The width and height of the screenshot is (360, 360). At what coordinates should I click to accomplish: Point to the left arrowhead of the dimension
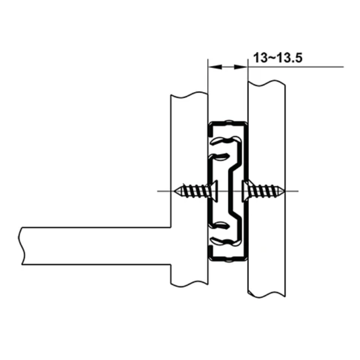pyautogui.click(x=211, y=66)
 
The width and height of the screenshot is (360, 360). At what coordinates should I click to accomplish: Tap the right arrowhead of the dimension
pyautogui.click(x=244, y=66)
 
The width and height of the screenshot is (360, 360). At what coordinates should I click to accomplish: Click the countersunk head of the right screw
pyautogui.click(x=246, y=191)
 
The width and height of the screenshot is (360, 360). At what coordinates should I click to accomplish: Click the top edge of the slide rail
pyautogui.click(x=227, y=122)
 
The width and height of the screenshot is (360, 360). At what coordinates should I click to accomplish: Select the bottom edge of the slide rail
pyautogui.click(x=227, y=259)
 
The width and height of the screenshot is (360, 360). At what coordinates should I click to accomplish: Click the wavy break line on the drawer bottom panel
pyautogui.click(x=21, y=246)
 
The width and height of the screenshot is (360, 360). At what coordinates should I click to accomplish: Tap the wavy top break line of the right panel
pyautogui.click(x=266, y=83)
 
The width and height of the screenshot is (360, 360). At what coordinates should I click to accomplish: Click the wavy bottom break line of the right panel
pyautogui.click(x=266, y=294)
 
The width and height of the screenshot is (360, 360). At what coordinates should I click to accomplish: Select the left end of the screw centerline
pyautogui.click(x=158, y=191)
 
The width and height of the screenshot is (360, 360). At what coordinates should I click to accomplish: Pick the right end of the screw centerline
pyautogui.click(x=298, y=191)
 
